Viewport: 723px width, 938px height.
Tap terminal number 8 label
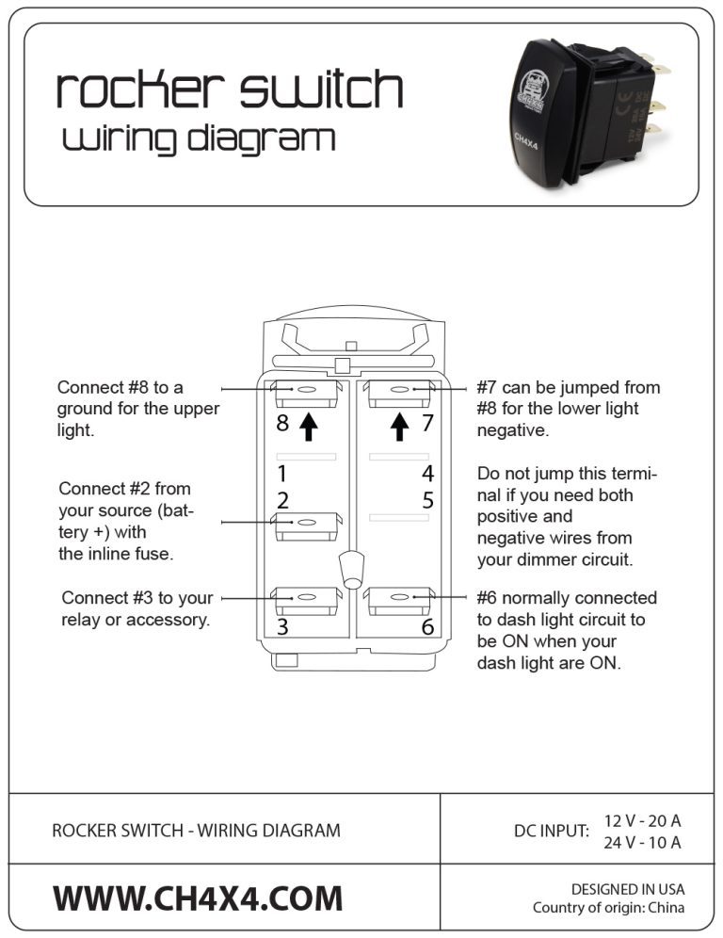pos(282,424)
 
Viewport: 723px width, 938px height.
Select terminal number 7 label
pos(427,424)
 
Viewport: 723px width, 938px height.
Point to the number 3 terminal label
pos(282,627)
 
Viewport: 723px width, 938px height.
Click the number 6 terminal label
pos(427,627)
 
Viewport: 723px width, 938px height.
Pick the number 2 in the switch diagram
pos(282,500)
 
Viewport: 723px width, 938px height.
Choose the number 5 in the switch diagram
pos(427,500)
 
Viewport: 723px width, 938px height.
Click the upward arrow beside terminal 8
pos(308,428)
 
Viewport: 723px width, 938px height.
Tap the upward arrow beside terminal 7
pos(400,428)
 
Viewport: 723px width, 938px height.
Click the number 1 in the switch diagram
pos(281,473)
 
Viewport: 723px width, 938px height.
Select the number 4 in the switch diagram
pos(427,473)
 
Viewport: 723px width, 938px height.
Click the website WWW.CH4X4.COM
pos(198,898)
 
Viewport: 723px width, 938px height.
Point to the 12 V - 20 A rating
pos(642,820)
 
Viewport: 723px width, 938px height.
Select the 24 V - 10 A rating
pos(642,842)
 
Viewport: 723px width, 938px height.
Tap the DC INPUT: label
pos(551,831)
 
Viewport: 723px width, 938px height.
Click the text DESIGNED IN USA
pos(628,889)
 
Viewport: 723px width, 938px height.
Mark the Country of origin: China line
pos(608,908)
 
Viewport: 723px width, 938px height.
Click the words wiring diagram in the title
pos(199,139)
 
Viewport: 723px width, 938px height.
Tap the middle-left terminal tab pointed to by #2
pos(306,524)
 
